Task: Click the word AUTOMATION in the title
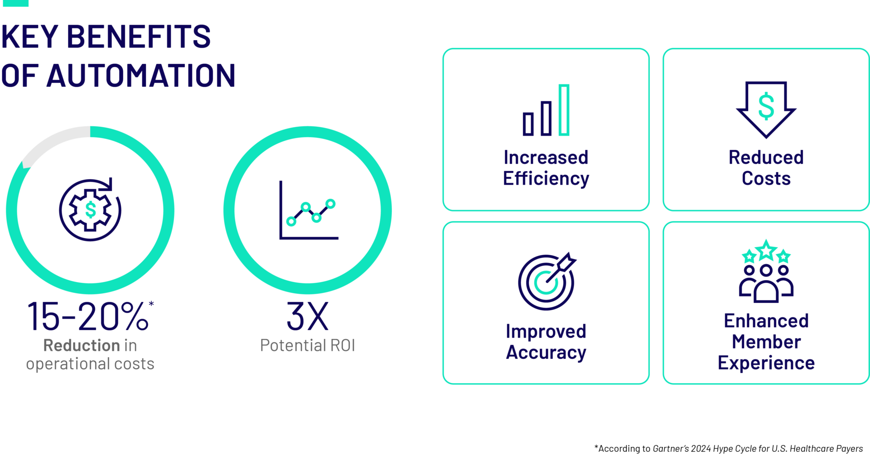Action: click(x=140, y=76)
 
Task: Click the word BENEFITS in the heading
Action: click(x=138, y=37)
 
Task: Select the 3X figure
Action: click(x=307, y=316)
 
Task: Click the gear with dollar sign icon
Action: click(x=90, y=210)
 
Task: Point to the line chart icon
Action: click(x=309, y=210)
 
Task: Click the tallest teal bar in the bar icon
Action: click(x=564, y=110)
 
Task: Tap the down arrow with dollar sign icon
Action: click(x=766, y=109)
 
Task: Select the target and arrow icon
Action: click(x=546, y=281)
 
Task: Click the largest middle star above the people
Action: click(x=766, y=250)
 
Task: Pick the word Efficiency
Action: click(x=546, y=179)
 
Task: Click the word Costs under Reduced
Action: click(x=766, y=178)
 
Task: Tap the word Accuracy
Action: click(x=546, y=352)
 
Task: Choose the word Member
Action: click(x=766, y=342)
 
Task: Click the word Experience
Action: click(x=766, y=363)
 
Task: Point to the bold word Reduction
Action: click(x=82, y=345)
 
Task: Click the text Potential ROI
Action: click(x=307, y=345)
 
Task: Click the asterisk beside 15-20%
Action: click(x=151, y=304)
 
